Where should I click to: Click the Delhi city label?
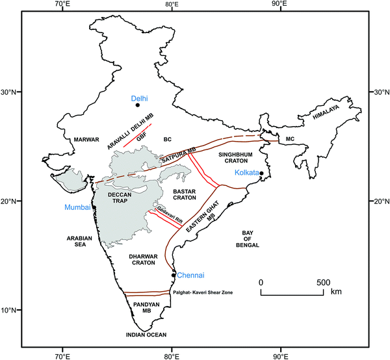coord(140,98)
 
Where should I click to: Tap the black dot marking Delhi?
coord(138,105)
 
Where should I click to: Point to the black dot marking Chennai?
coord(173,275)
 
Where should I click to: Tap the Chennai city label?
coord(191,275)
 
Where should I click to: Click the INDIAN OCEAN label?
coord(147,335)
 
